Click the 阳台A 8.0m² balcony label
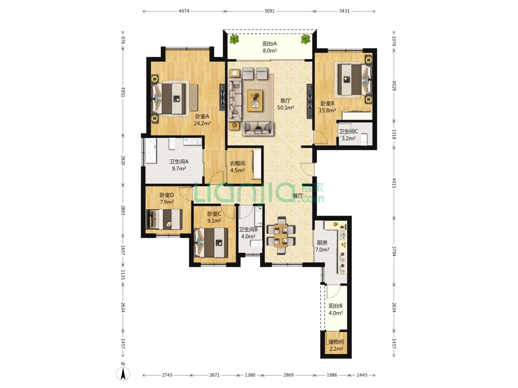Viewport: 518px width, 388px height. (270, 47)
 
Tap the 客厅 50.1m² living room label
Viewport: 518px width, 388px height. (285, 104)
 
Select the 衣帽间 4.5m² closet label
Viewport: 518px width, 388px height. (237, 167)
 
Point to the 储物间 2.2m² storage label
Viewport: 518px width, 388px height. (336, 345)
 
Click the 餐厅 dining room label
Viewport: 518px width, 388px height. (298, 195)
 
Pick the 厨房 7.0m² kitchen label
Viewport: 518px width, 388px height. (322, 246)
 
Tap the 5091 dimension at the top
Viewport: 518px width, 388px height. (269, 11)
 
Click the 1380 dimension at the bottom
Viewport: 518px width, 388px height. (250, 375)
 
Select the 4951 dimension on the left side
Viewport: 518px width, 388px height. (123, 92)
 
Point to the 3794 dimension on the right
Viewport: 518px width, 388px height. (394, 251)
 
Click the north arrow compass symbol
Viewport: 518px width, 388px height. (123, 373)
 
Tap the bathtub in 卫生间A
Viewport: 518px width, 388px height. (151, 151)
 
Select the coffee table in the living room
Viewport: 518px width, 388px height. (255, 100)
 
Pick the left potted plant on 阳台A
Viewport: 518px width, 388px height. (234, 39)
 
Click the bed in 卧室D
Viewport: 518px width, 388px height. (164, 219)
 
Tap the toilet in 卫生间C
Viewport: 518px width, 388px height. (364, 139)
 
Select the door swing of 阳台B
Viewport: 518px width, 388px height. (333, 292)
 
